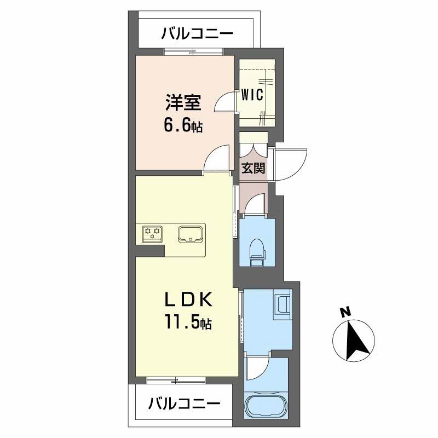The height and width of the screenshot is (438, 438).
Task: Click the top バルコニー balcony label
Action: coord(197,34)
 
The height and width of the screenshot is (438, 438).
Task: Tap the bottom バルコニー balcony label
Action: coord(184,405)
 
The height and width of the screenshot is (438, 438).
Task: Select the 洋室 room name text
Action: coord(183,103)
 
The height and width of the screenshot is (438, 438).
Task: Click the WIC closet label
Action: coord(252,94)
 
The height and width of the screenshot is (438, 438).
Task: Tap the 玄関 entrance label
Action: coord(253,168)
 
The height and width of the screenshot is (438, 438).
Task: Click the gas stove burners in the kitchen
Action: coord(152,234)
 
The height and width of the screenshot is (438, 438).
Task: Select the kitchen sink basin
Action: coord(190,234)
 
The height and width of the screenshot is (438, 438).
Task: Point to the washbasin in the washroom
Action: coord(284,304)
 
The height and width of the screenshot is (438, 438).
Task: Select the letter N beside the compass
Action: coord(344,313)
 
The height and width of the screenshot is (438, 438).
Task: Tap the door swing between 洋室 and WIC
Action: coord(224,101)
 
